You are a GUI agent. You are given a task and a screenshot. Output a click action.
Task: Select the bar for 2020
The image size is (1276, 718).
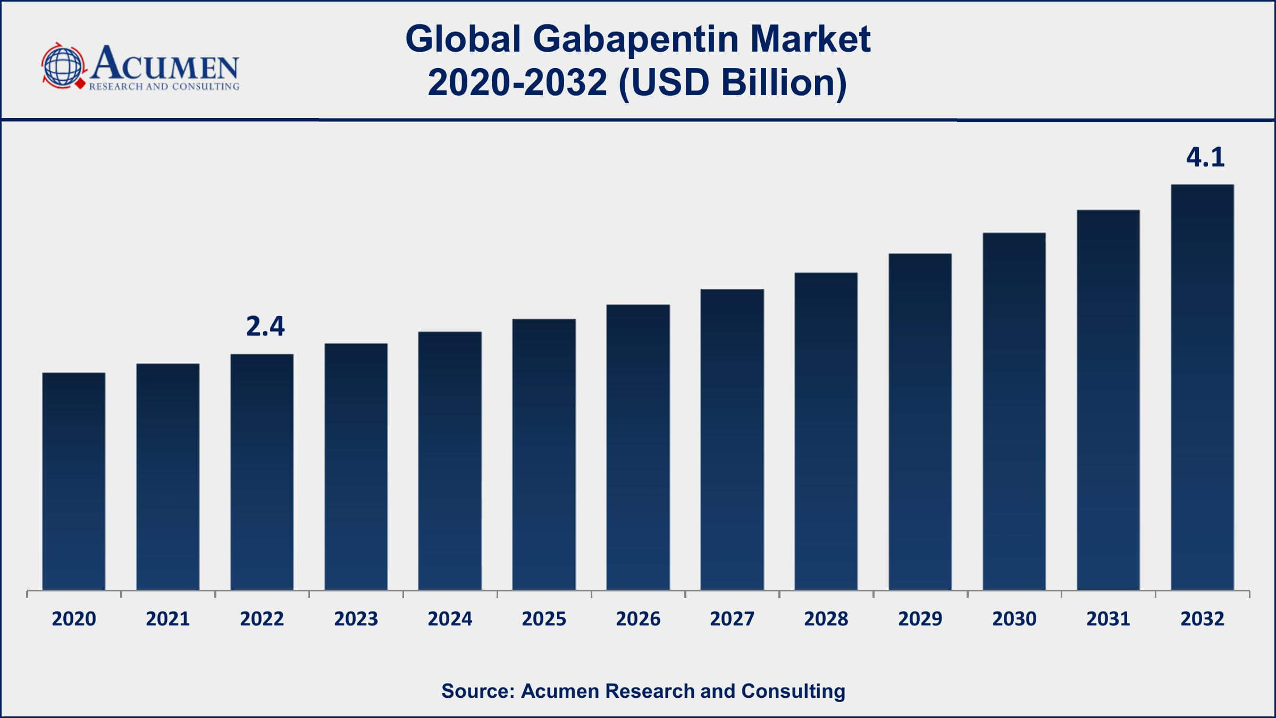[x=74, y=481]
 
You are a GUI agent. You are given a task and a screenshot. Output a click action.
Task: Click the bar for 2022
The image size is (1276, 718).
[x=262, y=472]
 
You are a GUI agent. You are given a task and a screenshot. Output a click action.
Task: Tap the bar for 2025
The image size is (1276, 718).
[x=544, y=455]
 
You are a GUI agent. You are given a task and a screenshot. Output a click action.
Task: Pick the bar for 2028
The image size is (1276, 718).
[x=826, y=431]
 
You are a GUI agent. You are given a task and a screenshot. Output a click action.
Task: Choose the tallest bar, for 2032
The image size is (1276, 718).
[x=1202, y=387]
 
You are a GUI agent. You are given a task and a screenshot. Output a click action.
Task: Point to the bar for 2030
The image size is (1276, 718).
[x=1014, y=411]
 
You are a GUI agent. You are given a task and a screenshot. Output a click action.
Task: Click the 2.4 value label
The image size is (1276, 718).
[x=265, y=327]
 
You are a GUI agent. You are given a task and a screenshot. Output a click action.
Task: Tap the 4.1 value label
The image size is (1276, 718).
[x=1205, y=157]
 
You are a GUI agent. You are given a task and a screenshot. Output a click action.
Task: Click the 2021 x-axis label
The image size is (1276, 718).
[x=168, y=619]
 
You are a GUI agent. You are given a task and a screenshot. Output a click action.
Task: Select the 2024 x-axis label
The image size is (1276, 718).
[x=450, y=619]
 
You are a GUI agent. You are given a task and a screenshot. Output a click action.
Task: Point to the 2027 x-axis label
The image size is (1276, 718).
[x=732, y=619]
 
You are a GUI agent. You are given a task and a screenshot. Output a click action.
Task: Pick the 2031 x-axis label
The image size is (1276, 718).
[x=1108, y=619]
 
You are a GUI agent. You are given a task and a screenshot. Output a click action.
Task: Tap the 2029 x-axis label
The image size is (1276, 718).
[x=920, y=619]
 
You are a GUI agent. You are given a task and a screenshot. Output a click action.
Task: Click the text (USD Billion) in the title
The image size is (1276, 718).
[x=733, y=83]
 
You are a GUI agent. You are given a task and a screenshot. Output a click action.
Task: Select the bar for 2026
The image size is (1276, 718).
[x=638, y=447]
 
